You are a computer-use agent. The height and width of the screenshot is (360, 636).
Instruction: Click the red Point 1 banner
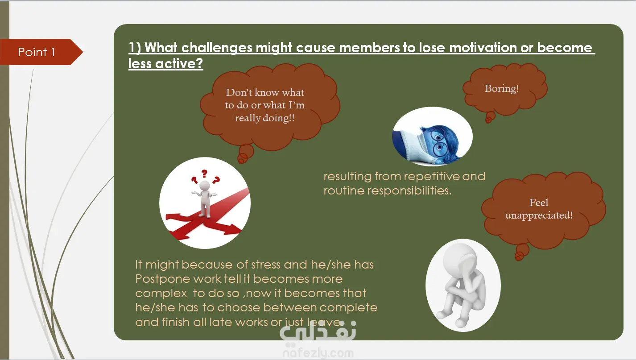click(x=40, y=52)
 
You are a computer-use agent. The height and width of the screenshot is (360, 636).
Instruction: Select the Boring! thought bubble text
click(x=502, y=89)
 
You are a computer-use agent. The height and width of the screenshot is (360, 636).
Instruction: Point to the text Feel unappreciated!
click(x=539, y=209)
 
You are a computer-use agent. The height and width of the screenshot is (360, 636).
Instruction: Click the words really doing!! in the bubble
click(x=264, y=118)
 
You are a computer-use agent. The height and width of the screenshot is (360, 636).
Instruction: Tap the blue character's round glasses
click(x=439, y=142)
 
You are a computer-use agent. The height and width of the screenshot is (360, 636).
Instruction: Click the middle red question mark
click(x=204, y=174)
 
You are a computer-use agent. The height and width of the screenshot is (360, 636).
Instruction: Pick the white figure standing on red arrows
click(x=204, y=199)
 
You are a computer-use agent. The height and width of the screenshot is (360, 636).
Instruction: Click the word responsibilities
click(x=409, y=191)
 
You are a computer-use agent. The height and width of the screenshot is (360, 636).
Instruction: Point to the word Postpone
click(x=163, y=279)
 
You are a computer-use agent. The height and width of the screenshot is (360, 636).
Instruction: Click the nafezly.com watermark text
click(x=318, y=353)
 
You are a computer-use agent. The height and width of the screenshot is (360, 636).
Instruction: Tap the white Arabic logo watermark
click(x=318, y=331)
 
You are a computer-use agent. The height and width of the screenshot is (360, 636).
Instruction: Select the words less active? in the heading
click(x=165, y=64)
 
